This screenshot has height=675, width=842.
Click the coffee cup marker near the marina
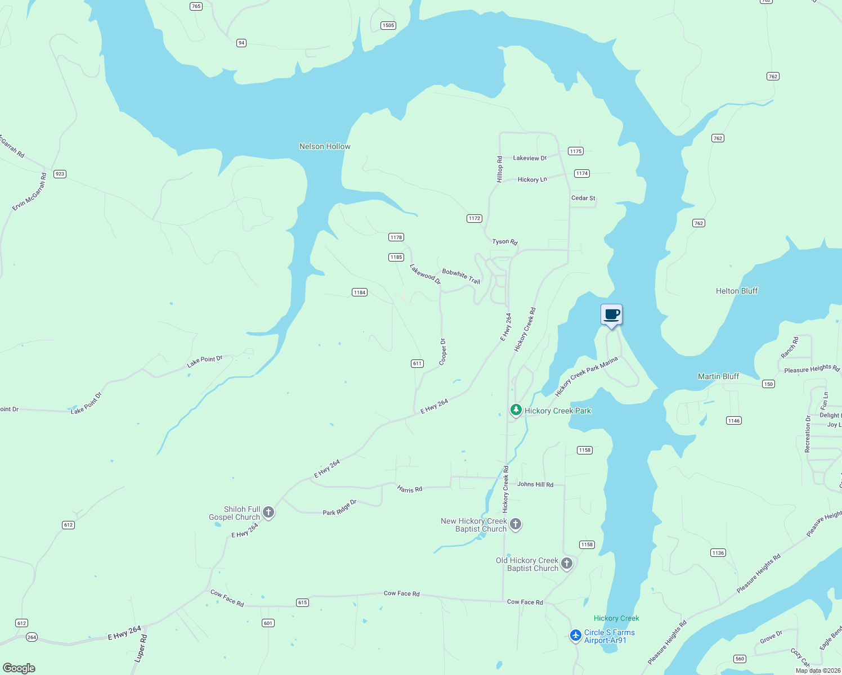tap(611, 315)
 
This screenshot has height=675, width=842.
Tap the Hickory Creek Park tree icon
tap(516, 410)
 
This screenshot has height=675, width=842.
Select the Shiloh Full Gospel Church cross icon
tap(268, 512)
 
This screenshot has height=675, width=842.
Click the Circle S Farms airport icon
tap(575, 635)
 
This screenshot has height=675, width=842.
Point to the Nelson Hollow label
tap(325, 146)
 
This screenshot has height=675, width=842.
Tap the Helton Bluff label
tap(736, 291)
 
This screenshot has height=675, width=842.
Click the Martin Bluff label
tap(718, 376)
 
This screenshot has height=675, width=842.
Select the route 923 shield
tap(60, 174)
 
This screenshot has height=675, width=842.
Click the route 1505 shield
tap(388, 25)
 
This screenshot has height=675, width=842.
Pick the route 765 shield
tap(196, 6)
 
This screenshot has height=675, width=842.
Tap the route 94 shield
tap(241, 43)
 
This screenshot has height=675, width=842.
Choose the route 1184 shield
tap(360, 292)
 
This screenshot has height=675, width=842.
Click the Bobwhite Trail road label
tap(461, 276)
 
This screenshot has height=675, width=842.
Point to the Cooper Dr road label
tap(443, 352)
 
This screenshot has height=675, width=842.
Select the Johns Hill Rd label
tap(535, 484)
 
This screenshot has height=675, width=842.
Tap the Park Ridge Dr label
tap(339, 508)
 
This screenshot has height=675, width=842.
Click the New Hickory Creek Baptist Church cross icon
tap(515, 524)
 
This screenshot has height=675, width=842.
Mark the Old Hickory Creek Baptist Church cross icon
tap(567, 563)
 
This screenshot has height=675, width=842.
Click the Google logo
tap(19, 668)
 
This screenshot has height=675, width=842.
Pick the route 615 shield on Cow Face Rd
tap(302, 602)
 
